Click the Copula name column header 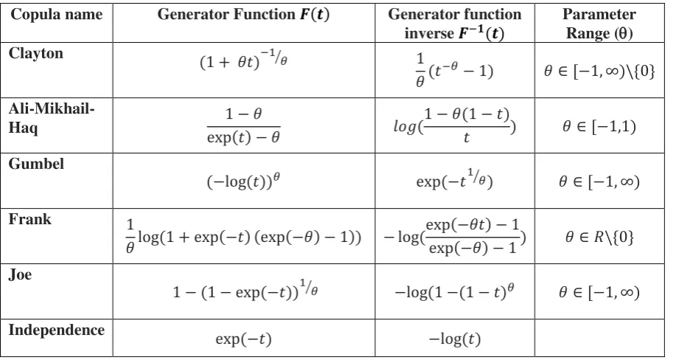click(57, 15)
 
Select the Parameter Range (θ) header click(599, 24)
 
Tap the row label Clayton click(36, 54)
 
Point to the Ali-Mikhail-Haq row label click(52, 118)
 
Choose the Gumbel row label click(36, 164)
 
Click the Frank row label click(29, 219)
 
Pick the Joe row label click(20, 274)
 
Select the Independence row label click(57, 330)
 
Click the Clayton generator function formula click(243, 61)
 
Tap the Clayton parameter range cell click(599, 70)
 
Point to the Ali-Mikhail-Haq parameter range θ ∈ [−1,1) click(599, 126)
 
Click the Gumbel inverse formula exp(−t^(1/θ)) click(454, 179)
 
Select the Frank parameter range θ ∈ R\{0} click(599, 237)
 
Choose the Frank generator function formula click(243, 236)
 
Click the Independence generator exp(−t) click(243, 339)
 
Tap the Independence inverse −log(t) click(454, 339)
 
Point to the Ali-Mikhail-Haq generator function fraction click(243, 125)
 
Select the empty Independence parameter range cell click(599, 338)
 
